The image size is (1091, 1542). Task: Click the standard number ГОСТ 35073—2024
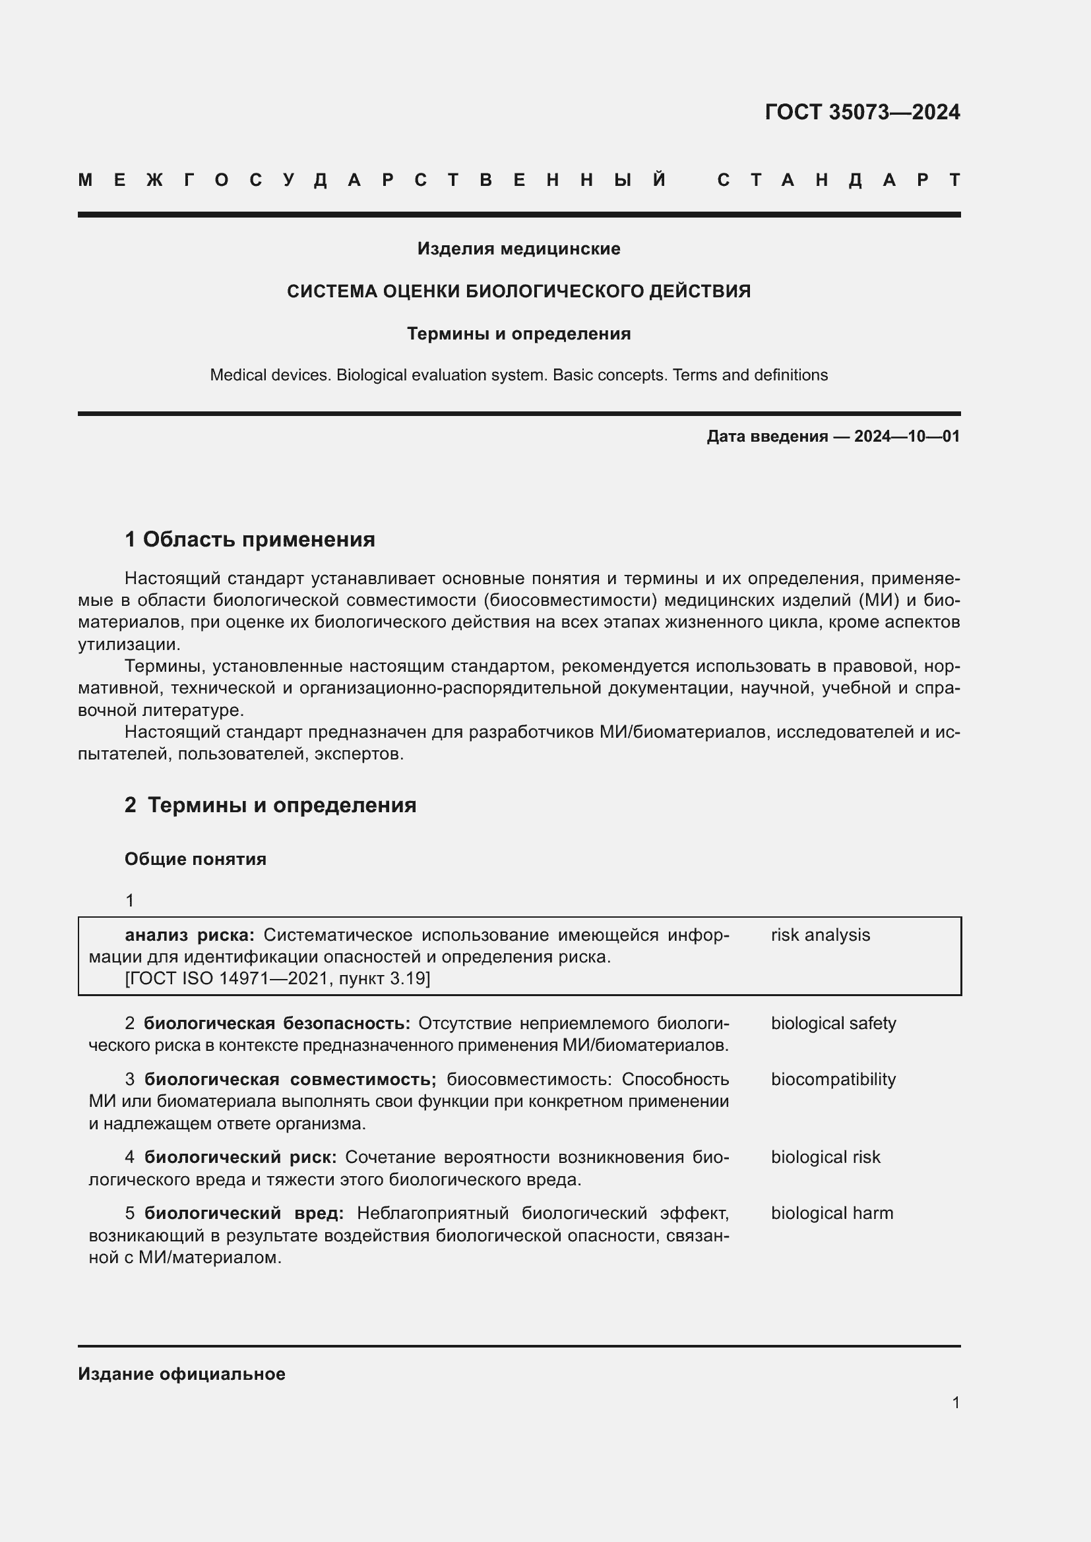tap(862, 112)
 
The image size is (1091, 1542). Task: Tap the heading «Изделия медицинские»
tap(518, 249)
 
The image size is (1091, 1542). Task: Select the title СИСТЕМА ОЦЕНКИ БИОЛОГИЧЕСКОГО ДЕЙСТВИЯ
tap(518, 291)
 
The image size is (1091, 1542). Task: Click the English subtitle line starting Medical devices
tap(518, 374)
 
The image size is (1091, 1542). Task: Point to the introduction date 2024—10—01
tap(906, 436)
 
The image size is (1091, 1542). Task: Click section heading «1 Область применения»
tap(250, 539)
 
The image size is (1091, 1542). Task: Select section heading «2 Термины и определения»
tap(270, 805)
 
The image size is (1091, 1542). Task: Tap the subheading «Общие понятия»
tap(195, 859)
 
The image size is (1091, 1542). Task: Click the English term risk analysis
tap(821, 935)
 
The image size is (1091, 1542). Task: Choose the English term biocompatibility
tap(833, 1079)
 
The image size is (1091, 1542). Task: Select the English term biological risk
tap(825, 1157)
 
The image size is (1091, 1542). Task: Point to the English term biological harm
tap(832, 1214)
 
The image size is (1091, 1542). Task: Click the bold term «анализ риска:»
tap(189, 935)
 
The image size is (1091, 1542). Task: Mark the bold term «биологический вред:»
tap(244, 1214)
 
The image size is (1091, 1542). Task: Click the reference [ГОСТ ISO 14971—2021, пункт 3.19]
tap(278, 978)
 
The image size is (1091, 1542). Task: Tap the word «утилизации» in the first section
tap(129, 645)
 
